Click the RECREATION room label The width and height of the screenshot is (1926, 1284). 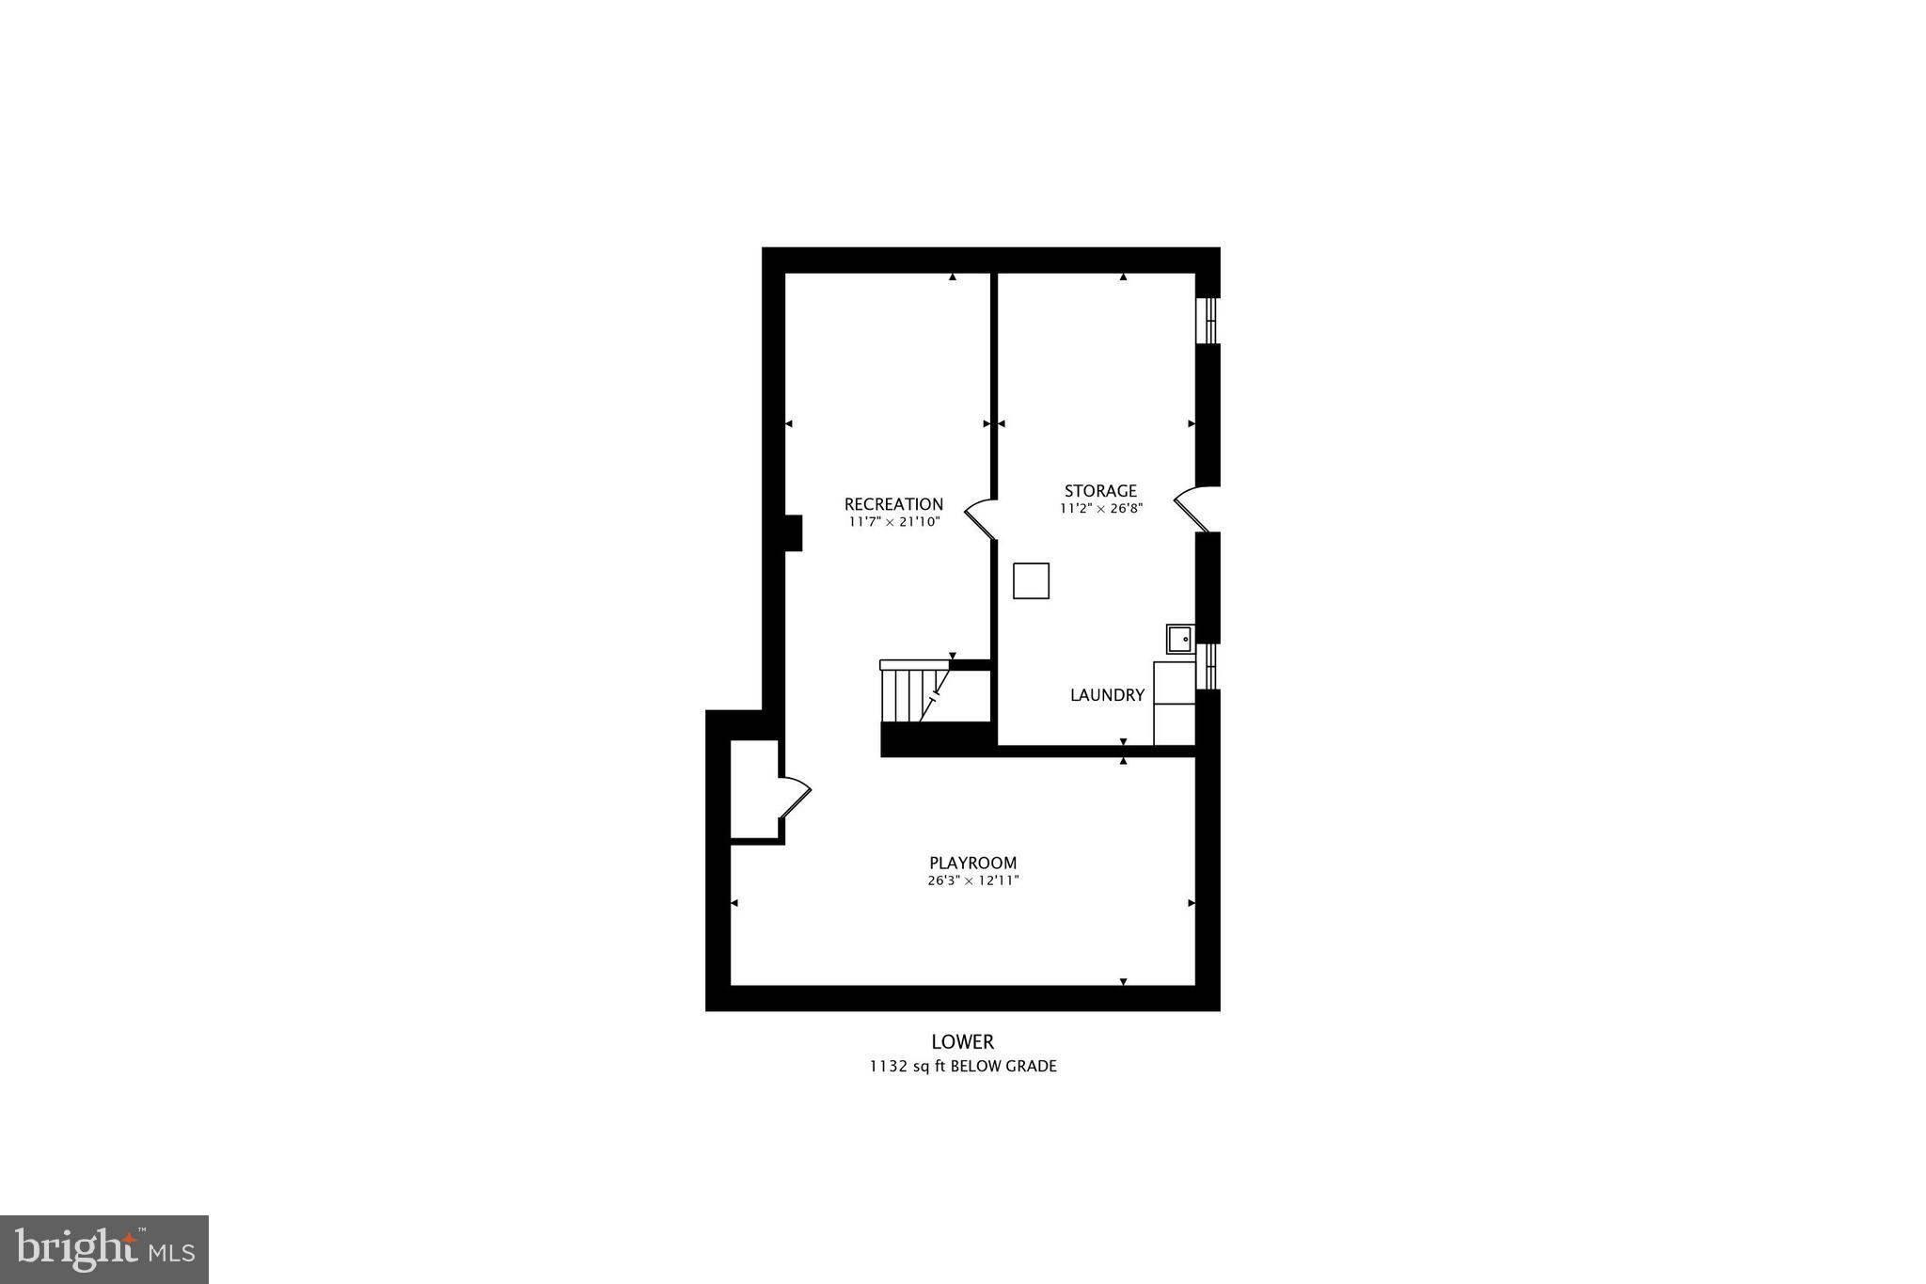pos(893,504)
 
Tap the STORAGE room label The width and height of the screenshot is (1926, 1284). pos(1100,491)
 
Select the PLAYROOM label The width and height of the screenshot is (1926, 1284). pos(972,863)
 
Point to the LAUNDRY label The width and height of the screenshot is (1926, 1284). pos(1107,695)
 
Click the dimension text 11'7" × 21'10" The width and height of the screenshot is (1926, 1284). pos(893,522)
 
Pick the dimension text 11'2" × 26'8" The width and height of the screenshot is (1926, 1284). pos(1100,509)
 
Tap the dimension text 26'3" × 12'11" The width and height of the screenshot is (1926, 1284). pos(972,881)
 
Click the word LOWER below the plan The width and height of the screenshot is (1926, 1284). pos(962,1042)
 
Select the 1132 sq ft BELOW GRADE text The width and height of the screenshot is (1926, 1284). pos(962,1067)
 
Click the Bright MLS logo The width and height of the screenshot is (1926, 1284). pos(104,1249)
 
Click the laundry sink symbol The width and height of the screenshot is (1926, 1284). pos(1179,639)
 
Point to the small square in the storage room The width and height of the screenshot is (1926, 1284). pos(1031,580)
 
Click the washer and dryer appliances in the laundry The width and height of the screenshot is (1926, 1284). pos(1174,704)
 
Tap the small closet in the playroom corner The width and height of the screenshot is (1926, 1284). pos(754,788)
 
